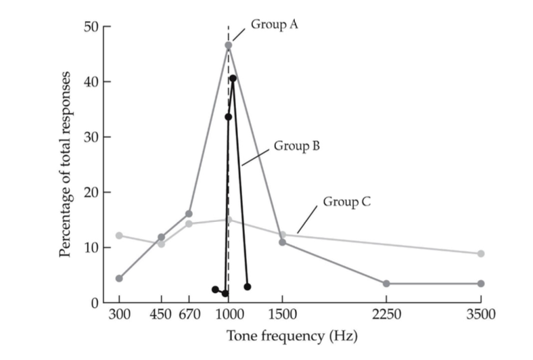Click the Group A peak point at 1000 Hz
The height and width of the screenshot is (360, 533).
pos(229,45)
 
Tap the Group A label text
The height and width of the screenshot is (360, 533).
pos(275,24)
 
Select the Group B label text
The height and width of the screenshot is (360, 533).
pos(296,145)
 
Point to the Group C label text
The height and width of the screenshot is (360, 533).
pos(346,201)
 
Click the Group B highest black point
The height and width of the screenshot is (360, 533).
pos(233,78)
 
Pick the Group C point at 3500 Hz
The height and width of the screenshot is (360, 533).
pos(481,254)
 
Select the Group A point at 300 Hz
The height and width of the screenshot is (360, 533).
pos(119,278)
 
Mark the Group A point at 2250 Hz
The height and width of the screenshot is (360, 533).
pos(386,284)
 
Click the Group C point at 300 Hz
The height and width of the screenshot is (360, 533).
pos(119,235)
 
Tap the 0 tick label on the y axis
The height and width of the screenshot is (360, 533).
pos(95,302)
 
